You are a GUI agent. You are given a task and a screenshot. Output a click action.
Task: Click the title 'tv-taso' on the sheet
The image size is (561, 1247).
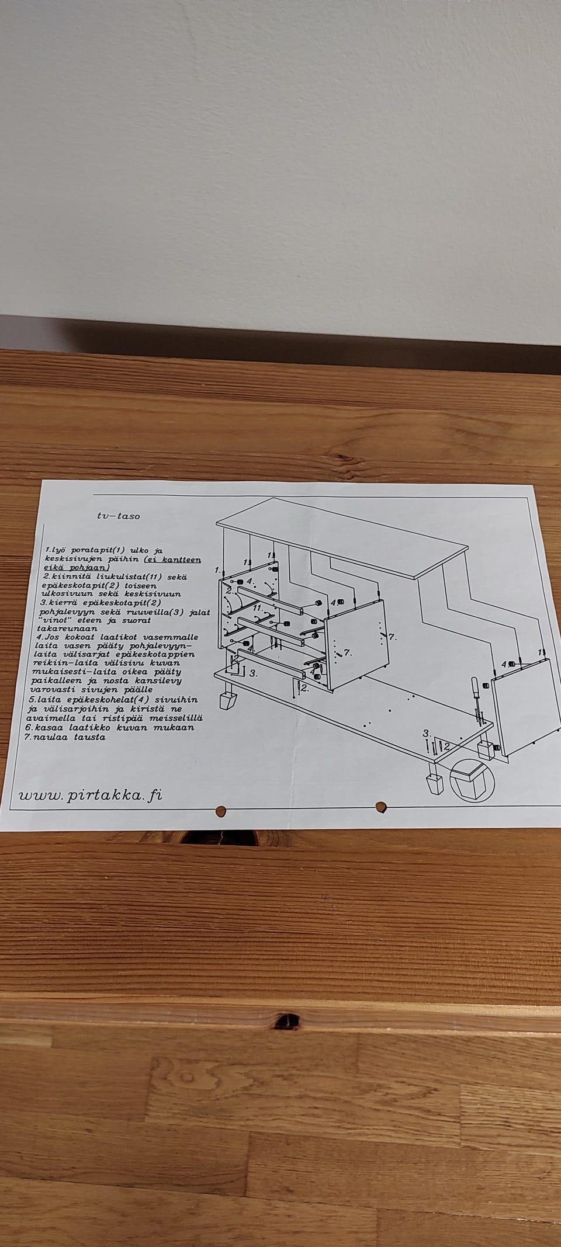point(119,516)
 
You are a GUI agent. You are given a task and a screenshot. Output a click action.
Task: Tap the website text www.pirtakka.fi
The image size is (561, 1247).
point(91,795)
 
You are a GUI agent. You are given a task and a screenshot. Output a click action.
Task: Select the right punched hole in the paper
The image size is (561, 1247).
point(381,808)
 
